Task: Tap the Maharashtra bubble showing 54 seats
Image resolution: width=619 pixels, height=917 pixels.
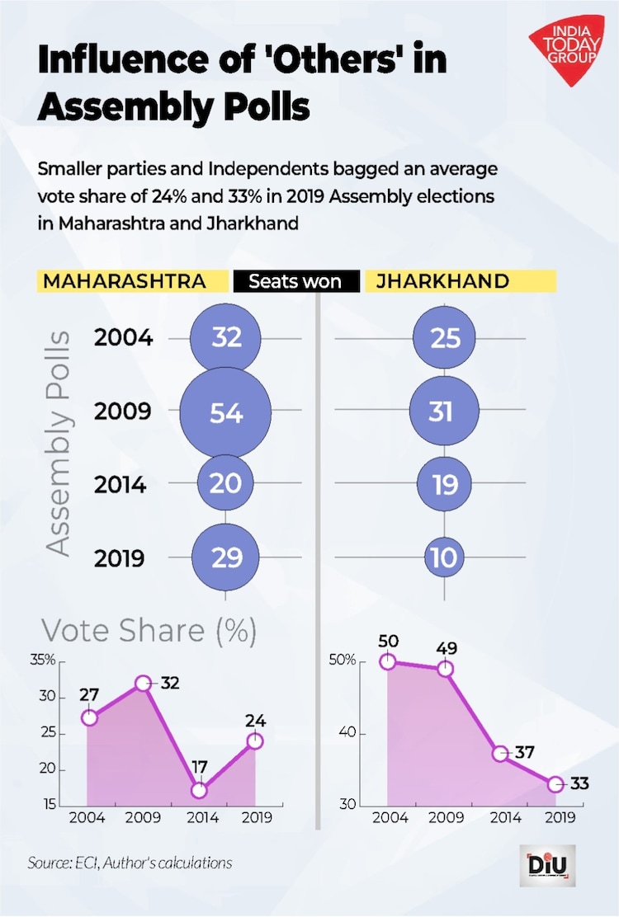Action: pos(225,411)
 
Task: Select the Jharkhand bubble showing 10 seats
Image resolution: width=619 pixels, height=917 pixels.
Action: pos(444,558)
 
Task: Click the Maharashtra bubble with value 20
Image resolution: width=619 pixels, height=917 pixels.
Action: pos(225,482)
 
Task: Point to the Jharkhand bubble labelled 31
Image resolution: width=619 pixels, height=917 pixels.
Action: pos(444,410)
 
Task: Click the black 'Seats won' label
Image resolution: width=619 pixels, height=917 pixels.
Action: pos(295,282)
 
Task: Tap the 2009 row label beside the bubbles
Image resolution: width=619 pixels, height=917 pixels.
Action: pos(122,411)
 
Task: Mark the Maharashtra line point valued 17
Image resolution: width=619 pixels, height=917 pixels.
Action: pos(198,790)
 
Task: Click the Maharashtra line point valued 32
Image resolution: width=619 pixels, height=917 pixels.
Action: pos(143,683)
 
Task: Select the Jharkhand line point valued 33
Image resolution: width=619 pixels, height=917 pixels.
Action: pos(555,783)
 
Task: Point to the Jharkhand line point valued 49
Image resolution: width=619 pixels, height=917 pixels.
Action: pos(445,668)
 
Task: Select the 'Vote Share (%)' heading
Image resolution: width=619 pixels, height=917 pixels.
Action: pos(149,631)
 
